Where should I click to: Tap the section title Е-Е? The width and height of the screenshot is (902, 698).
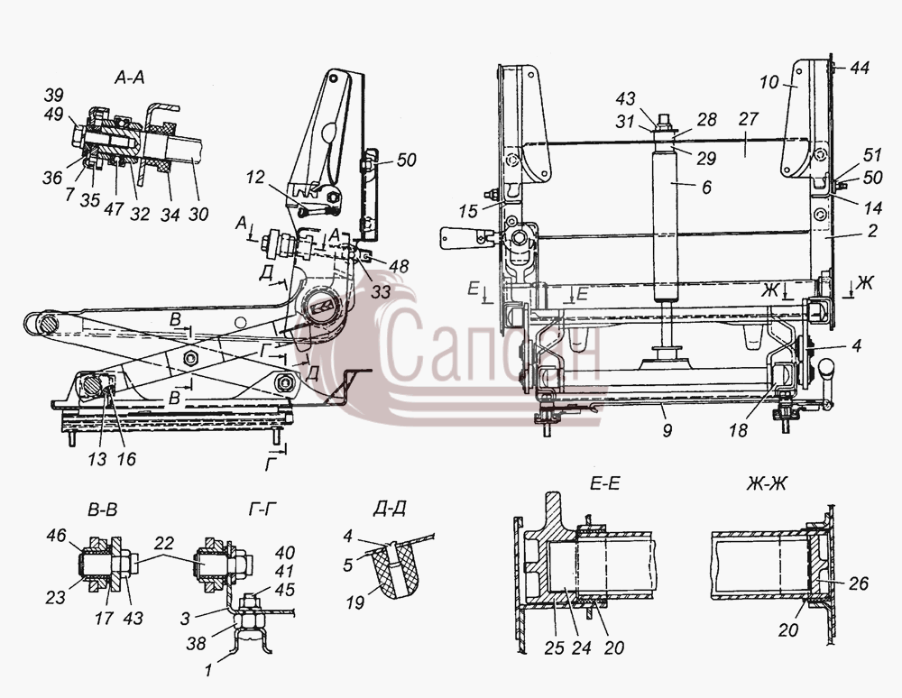[604, 484]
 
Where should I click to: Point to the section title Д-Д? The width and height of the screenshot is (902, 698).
[390, 509]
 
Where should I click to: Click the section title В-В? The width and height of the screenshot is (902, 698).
[103, 509]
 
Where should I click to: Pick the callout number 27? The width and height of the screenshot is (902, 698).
[748, 119]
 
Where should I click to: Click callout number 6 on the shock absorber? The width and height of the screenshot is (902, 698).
[706, 187]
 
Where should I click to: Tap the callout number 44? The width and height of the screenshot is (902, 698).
[860, 68]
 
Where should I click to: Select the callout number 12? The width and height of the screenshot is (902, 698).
[255, 177]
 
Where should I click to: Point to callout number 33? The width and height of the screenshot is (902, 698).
[381, 291]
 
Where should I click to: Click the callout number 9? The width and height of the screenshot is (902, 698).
[667, 429]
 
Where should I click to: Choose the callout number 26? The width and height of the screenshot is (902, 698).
[859, 583]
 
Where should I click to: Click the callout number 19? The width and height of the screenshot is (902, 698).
[354, 602]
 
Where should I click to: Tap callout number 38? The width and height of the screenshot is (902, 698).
[196, 642]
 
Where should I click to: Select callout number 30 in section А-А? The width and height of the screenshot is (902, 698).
[198, 214]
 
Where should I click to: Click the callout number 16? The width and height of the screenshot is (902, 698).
[126, 458]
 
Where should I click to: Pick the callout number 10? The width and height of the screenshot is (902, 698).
[769, 82]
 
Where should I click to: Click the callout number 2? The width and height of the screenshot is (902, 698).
[872, 231]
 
